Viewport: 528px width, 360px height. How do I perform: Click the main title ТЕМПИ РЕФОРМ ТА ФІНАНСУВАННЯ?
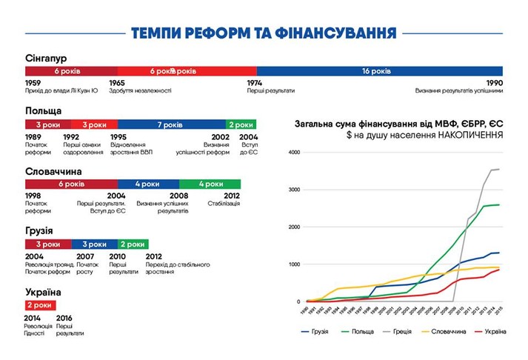click(264, 33)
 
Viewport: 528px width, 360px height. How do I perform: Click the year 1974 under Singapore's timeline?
click(256, 83)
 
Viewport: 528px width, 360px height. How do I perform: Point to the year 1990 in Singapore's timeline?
click(494, 83)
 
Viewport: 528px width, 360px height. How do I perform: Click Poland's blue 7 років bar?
click(172, 124)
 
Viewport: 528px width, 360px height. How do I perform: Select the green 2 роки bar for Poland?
click(241, 124)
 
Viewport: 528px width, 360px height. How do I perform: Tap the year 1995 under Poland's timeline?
click(118, 137)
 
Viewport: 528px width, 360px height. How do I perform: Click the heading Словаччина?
click(53, 171)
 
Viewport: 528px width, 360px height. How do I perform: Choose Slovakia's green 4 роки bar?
click(210, 184)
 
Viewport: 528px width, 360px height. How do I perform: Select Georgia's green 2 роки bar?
click(133, 244)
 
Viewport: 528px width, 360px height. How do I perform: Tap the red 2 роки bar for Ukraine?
click(40, 304)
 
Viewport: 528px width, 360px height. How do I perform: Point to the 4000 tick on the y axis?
click(295, 153)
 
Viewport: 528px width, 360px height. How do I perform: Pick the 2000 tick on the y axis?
click(295, 227)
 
